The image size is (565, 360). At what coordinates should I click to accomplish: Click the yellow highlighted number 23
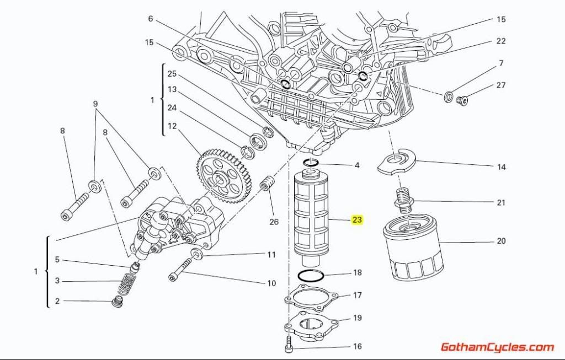point(357,220)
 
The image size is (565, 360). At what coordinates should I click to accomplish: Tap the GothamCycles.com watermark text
point(497,347)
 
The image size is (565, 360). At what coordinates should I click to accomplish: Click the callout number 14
point(501,167)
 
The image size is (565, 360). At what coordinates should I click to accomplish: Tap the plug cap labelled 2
point(116,302)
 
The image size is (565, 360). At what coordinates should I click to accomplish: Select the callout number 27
point(500,85)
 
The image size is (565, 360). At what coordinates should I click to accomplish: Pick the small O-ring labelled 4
point(311,162)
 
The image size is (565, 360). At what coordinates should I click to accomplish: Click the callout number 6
point(150,19)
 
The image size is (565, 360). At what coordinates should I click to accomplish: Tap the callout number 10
point(271,283)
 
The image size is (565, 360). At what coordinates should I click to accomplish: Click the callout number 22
point(500,41)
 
